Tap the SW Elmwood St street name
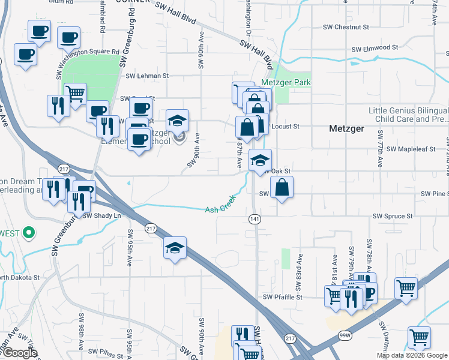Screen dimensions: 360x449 (x=375, y=47)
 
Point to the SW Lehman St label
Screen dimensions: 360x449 (x=148, y=76)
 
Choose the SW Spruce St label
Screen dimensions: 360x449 (x=393, y=215)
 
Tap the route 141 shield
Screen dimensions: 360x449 (x=254, y=220)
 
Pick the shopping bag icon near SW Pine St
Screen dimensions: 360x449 (x=282, y=188)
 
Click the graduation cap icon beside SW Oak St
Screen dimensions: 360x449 (x=261, y=161)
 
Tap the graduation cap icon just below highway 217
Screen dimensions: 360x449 (x=175, y=248)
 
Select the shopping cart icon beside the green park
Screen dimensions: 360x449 (x=75, y=94)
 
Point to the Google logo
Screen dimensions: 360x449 (x=19, y=353)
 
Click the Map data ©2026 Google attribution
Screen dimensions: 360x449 (x=411, y=355)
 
